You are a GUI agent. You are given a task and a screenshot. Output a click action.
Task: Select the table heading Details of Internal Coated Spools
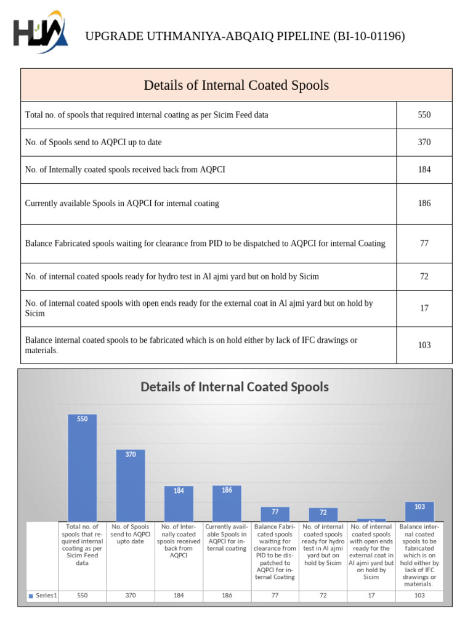[x=236, y=85]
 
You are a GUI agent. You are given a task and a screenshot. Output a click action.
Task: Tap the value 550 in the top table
[x=424, y=115]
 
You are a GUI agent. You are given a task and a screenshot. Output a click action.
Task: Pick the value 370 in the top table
[x=424, y=142]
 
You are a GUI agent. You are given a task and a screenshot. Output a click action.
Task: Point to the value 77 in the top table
[x=424, y=244]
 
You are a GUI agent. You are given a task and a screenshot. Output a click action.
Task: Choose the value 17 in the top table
[x=424, y=308]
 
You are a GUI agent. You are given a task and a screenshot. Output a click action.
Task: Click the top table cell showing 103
[x=424, y=345]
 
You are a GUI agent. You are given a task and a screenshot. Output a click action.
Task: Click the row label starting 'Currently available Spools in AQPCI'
[x=122, y=203]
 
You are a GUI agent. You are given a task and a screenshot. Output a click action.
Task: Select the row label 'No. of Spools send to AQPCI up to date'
[x=94, y=142]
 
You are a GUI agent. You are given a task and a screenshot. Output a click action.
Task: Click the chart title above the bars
[x=235, y=387]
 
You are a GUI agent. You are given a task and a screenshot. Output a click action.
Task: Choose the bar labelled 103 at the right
[x=419, y=512]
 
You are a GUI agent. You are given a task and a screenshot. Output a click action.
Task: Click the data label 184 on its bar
[x=179, y=491]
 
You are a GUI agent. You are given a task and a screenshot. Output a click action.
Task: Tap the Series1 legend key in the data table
[x=31, y=596]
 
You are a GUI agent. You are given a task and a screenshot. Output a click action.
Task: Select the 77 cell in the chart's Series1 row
[x=275, y=596]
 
